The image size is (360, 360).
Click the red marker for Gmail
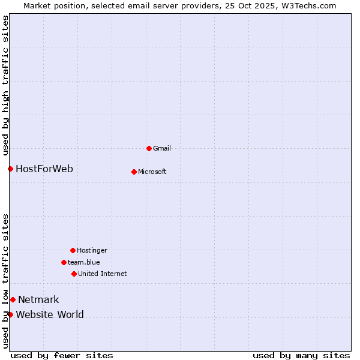[x=149, y=148]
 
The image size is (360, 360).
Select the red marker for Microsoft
[x=134, y=172]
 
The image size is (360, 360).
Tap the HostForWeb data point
[x=10, y=169]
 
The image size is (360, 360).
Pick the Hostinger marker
[x=73, y=250]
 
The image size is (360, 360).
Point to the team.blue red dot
[x=64, y=262]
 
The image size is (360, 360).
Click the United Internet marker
[x=74, y=274]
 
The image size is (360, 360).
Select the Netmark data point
[x=13, y=299]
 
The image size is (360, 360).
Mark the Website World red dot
[x=10, y=314]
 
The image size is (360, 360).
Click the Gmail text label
[x=162, y=148]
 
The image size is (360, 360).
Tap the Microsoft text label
[x=152, y=172]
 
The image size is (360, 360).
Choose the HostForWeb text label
[x=44, y=169]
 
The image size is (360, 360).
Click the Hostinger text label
[x=92, y=250]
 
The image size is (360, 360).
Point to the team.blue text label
[x=84, y=262]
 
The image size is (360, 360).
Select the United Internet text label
[x=103, y=274]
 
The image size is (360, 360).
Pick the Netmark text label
[x=38, y=299]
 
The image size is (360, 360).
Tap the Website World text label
[x=50, y=314]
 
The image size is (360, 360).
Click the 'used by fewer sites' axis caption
[x=62, y=355]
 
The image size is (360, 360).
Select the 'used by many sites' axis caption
[x=301, y=355]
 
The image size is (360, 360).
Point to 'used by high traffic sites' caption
[x=5, y=85]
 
